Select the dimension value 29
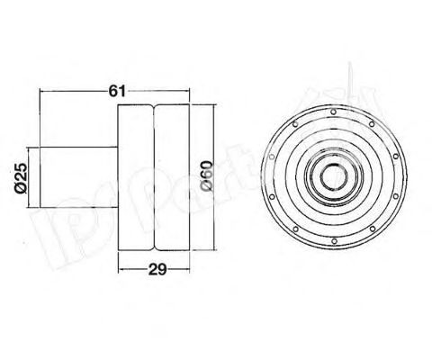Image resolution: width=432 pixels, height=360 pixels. coord(155,267)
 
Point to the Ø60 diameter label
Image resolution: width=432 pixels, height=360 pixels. coord(206,174)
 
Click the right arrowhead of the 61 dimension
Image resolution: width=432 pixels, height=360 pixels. coord(186,94)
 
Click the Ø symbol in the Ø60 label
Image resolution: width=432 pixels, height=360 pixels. coord(206,187)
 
